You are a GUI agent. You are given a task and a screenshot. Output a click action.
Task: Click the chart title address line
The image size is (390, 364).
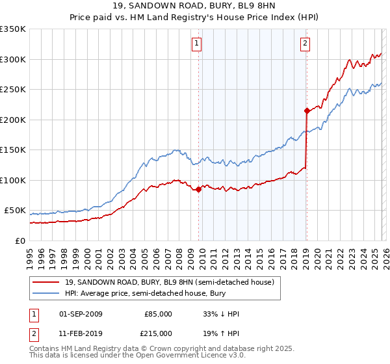coord(194,6)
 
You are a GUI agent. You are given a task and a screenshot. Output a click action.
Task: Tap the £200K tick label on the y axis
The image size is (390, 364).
coord(13,120)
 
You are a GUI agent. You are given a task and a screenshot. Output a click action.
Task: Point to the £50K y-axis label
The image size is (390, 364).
coord(15,211)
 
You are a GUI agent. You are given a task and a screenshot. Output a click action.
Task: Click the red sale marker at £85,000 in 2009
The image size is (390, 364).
coord(198,189)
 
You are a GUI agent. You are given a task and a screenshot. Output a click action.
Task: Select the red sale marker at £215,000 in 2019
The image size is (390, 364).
coord(306,110)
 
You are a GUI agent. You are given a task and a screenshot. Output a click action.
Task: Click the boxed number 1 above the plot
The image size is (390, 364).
coord(196,44)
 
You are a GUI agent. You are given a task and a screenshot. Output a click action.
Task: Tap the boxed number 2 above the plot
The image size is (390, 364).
coord(304,44)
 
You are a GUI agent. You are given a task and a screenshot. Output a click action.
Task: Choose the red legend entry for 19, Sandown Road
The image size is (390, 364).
coord(169,282)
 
